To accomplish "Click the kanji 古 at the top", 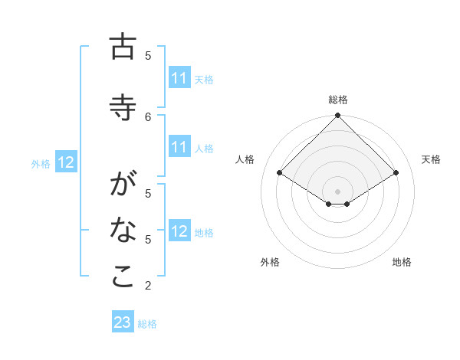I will pos(123,47).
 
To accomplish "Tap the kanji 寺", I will pos(123,106).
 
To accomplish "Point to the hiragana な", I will pos(123,230).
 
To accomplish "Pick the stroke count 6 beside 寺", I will pos(148,116).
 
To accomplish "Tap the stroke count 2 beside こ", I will pos(148,286).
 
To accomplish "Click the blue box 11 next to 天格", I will pos(179,78).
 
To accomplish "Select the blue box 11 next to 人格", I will pos(179,148).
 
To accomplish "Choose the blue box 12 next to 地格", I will pos(179,232).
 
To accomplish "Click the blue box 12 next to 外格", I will pos(66,162).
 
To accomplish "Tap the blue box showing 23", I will pos(123,322).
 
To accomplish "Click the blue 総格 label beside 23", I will pos(147,324).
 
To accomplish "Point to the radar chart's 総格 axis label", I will pos(337,100).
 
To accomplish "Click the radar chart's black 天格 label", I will pos(431,159).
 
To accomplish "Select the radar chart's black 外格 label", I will pos(270,262).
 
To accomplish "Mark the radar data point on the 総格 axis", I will pos(337,116).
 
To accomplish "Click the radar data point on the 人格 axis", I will pos(280,173).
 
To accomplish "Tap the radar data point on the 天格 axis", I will pos(396,173).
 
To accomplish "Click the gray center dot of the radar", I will pos(337,191).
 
